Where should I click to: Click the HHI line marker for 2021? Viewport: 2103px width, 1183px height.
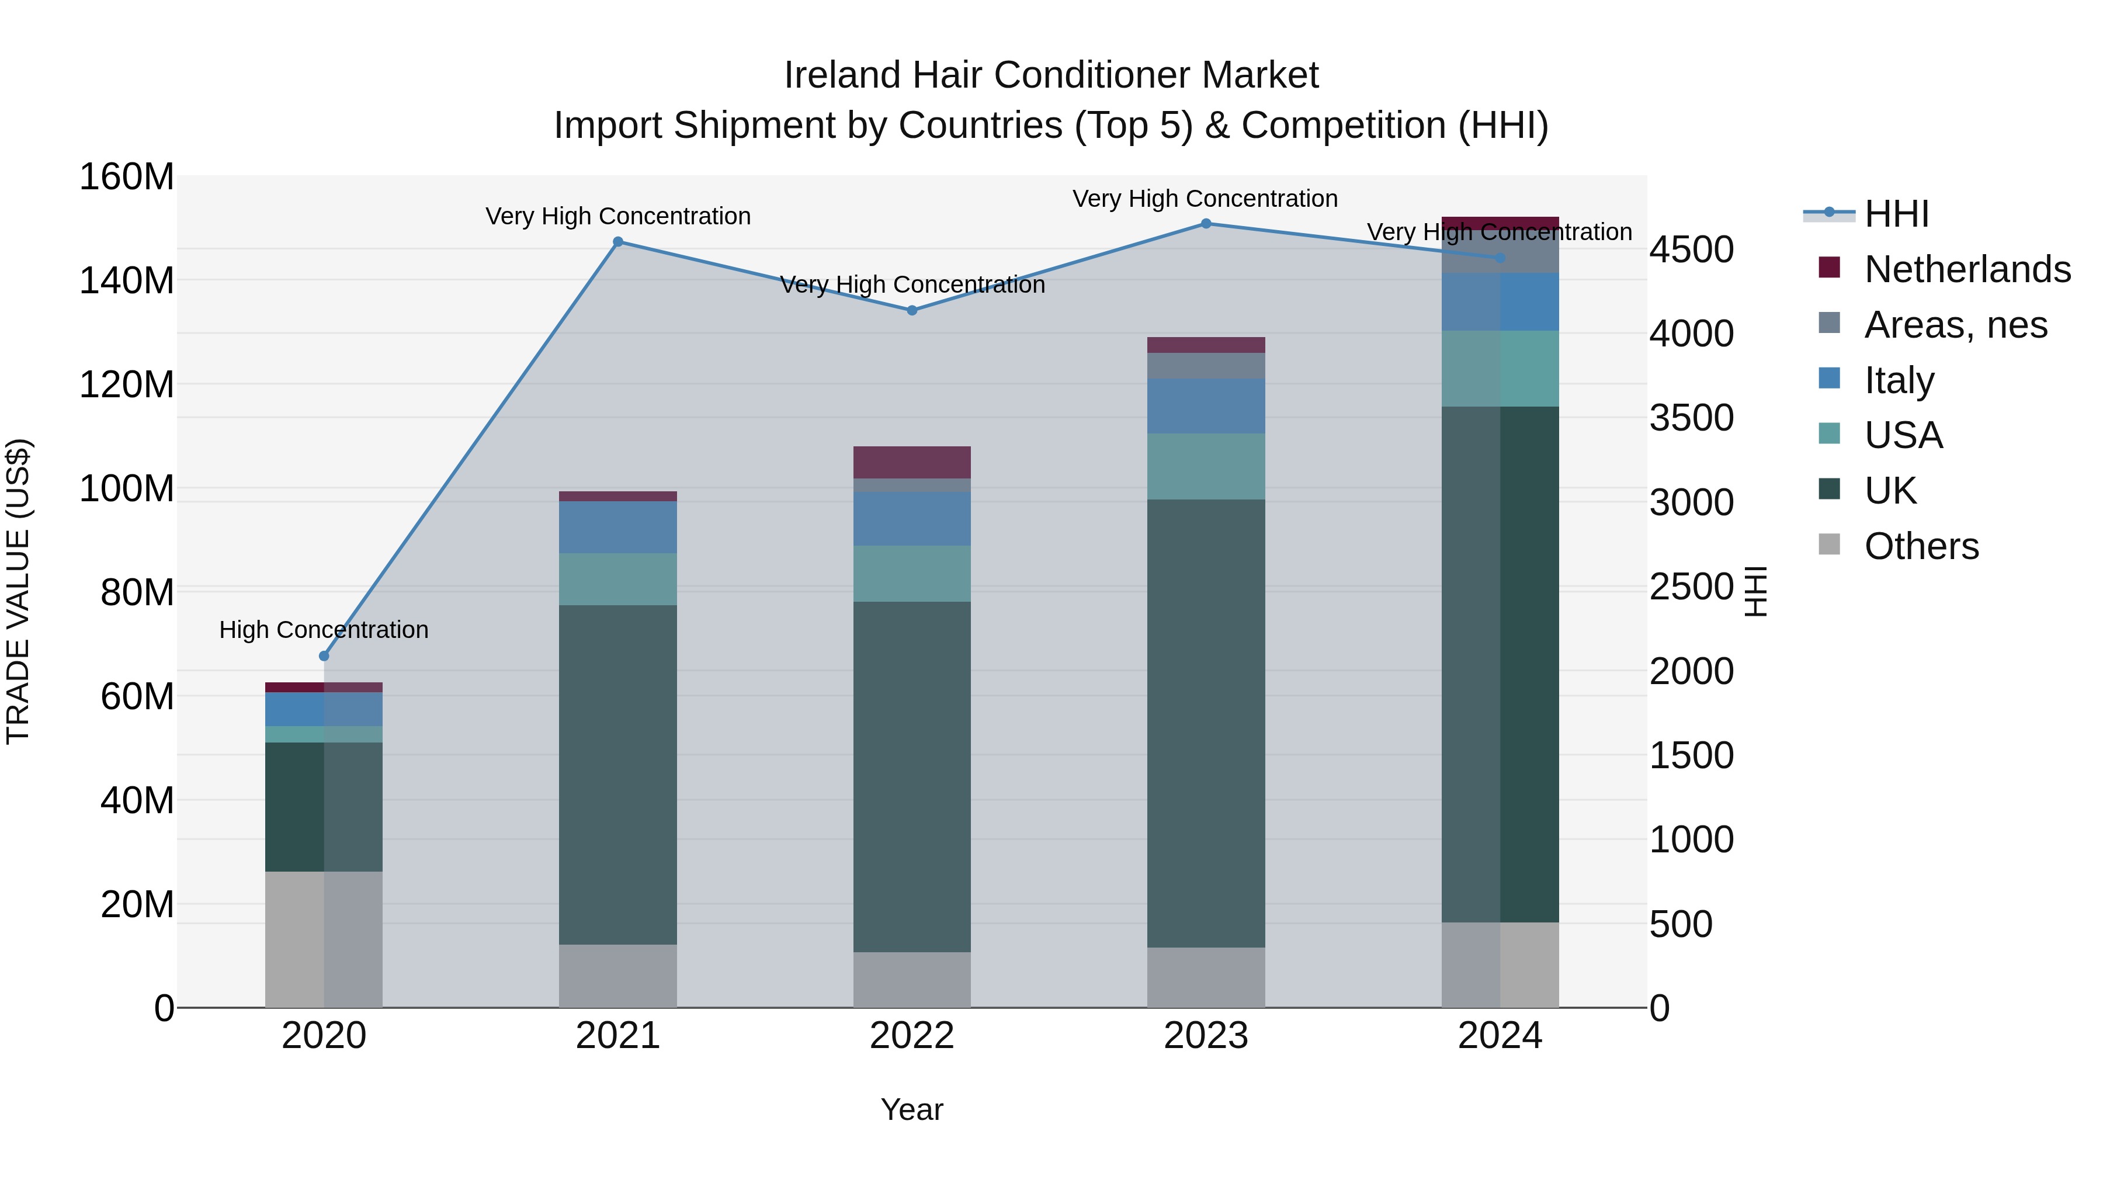tap(618, 242)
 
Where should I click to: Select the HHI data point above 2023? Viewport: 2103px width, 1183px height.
tap(1206, 224)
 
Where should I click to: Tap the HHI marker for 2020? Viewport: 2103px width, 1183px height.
tap(324, 655)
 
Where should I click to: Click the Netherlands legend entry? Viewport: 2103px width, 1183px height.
tap(1967, 269)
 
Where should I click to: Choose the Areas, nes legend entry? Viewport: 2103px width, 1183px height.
tap(1955, 325)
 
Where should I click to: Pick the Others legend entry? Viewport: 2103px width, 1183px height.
tap(1921, 546)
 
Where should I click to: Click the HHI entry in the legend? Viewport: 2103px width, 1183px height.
tap(1896, 214)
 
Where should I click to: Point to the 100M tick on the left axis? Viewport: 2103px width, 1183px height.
tap(127, 489)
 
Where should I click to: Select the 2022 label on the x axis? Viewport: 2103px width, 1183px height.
tap(912, 1036)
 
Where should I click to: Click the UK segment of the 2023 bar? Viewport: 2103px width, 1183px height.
tap(1206, 723)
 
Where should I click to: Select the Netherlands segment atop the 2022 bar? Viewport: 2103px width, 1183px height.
tap(912, 462)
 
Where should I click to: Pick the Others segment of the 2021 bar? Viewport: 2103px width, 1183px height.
tap(618, 976)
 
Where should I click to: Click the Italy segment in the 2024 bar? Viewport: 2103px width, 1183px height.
tap(1500, 302)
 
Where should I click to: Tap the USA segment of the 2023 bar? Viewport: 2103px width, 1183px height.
tap(1206, 466)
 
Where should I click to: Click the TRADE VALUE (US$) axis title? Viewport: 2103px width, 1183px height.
tap(18, 591)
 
